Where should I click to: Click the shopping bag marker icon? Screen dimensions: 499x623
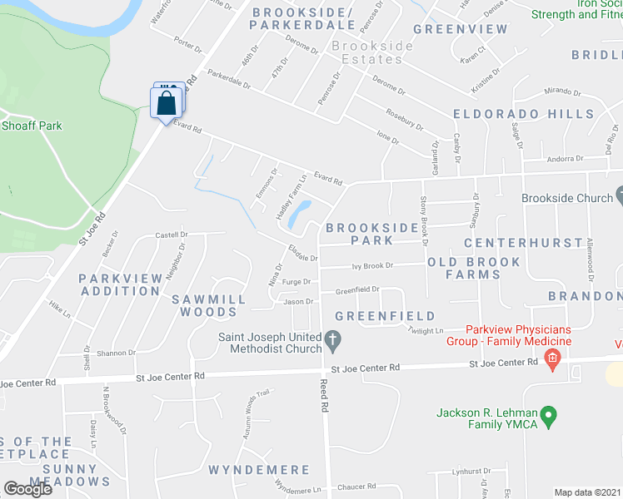click(167, 103)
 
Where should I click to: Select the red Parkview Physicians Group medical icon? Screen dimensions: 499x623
click(551, 358)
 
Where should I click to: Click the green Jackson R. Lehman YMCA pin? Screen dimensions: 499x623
click(548, 414)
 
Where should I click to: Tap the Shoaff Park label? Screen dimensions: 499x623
click(32, 126)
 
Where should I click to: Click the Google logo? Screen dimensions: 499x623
click(27, 488)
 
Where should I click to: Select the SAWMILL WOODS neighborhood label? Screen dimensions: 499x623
click(209, 305)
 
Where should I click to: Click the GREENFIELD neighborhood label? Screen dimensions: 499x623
click(385, 316)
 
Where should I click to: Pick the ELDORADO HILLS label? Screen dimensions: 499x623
click(523, 114)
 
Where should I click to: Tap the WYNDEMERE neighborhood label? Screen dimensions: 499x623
click(252, 470)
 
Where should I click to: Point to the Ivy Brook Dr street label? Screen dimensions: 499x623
click(371, 265)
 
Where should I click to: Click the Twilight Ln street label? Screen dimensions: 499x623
click(426, 330)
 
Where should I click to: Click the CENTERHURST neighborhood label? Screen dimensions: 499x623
click(522, 243)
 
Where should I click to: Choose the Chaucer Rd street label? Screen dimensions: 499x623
click(358, 486)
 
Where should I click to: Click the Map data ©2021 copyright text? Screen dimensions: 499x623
click(586, 492)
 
